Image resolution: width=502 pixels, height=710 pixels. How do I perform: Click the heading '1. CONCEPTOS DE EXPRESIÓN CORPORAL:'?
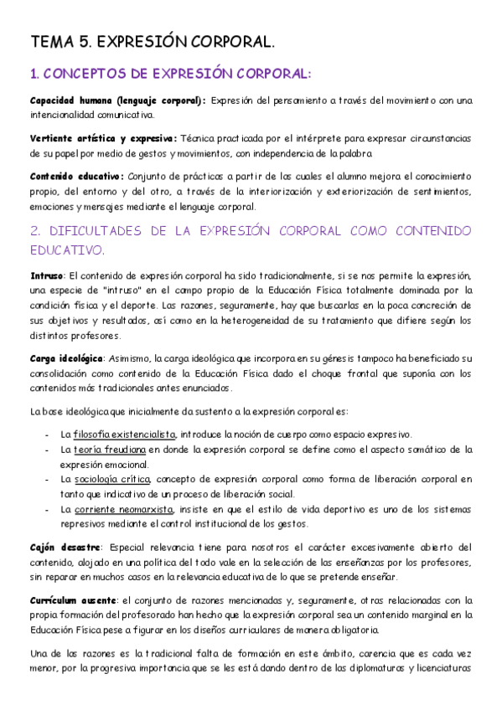coord(170,75)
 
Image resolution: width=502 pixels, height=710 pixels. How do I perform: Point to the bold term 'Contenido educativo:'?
coord(76,176)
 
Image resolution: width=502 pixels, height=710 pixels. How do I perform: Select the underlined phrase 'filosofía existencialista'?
coord(124,435)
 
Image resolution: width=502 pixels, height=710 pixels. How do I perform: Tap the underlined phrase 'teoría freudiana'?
coord(109,450)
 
